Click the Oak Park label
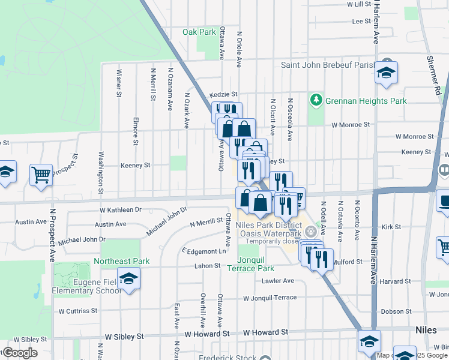[199, 32]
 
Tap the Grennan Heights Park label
[366, 101]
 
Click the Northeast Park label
[121, 262]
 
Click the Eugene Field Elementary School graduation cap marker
[128, 279]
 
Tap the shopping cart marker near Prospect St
[41, 175]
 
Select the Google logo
[20, 353]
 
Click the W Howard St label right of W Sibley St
[207, 333]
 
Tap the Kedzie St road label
[224, 95]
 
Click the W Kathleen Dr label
[121, 210]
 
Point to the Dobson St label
[396, 311]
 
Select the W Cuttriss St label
[77, 311]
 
